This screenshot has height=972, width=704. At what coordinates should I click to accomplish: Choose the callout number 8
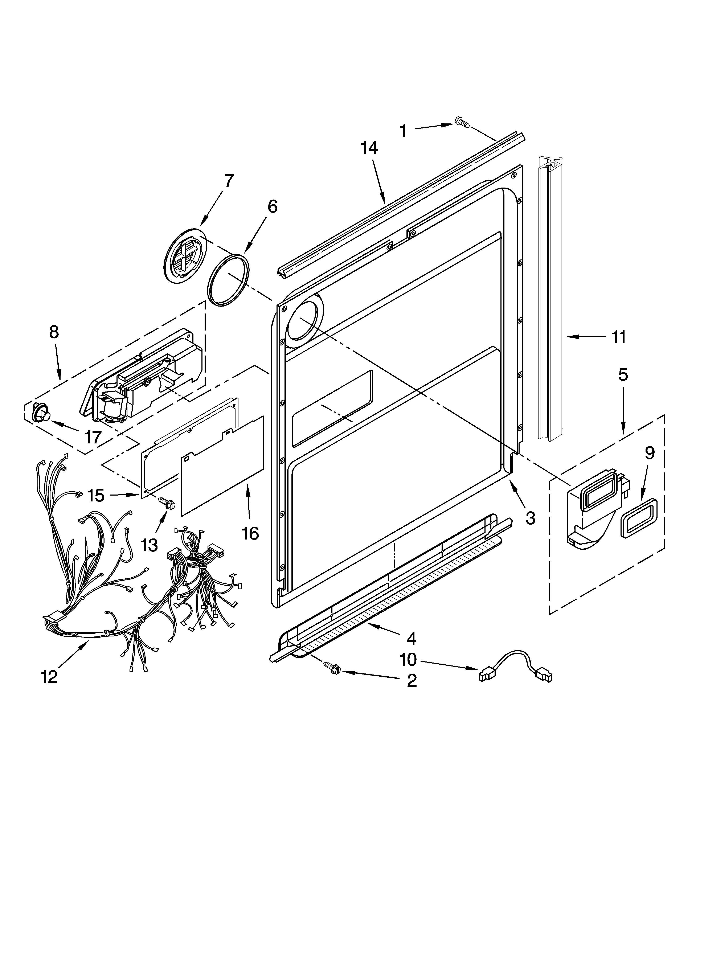(54, 332)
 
